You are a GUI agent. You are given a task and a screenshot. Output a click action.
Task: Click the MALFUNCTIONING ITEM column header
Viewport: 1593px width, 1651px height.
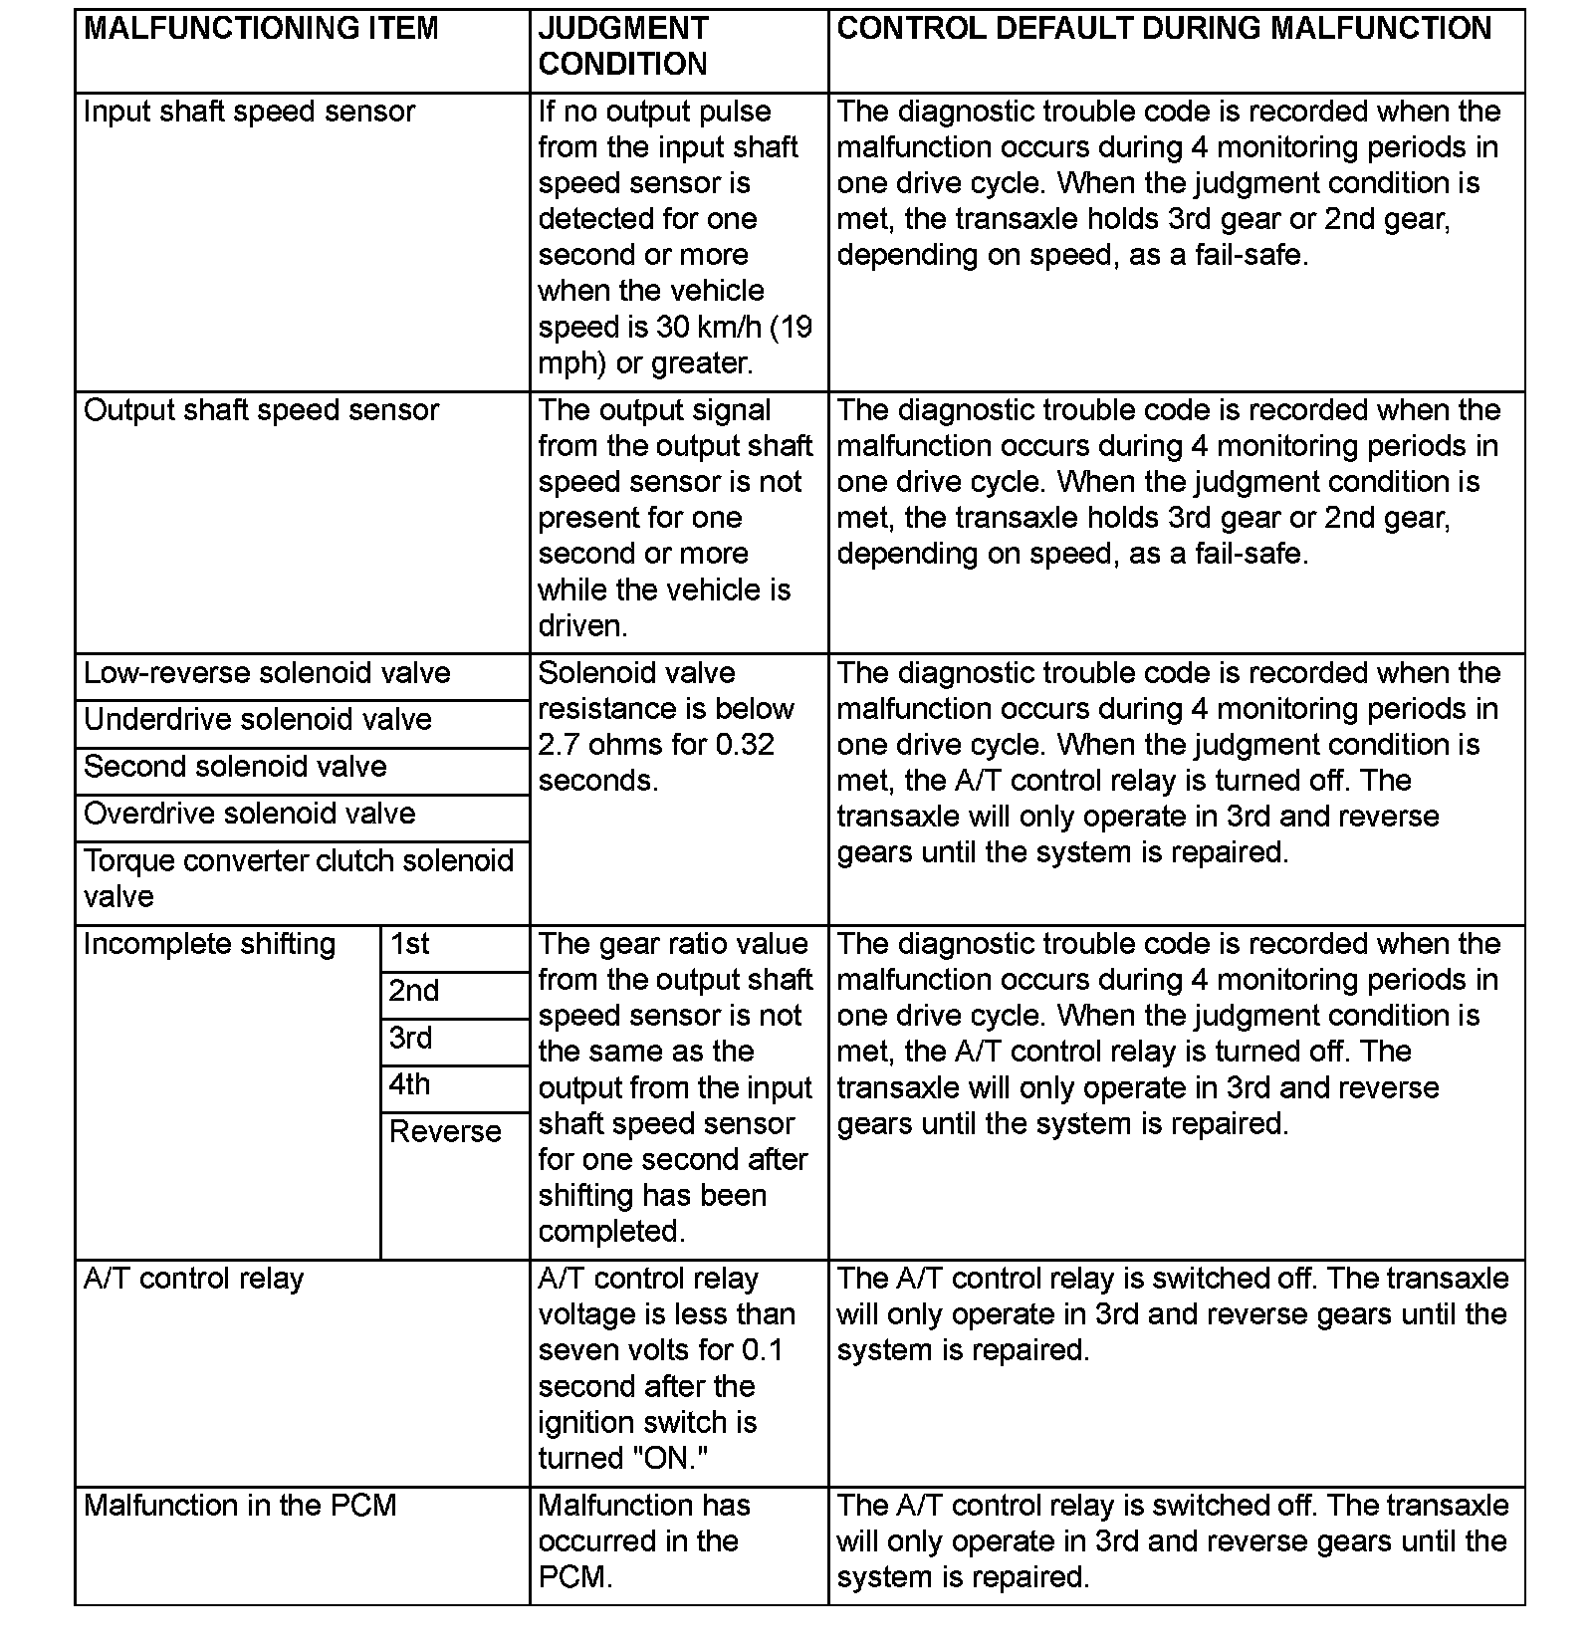pyautogui.click(x=261, y=29)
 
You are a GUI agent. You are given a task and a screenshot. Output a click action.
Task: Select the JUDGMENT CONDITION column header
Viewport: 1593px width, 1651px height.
pyautogui.click(x=623, y=46)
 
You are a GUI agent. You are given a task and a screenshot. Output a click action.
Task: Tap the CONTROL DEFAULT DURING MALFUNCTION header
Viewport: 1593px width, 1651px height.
pyautogui.click(x=1164, y=29)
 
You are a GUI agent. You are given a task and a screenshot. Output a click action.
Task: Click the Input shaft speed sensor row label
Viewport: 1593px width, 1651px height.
pyautogui.click(x=249, y=112)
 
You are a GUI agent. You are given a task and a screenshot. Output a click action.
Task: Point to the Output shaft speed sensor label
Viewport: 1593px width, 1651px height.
pyautogui.click(x=261, y=410)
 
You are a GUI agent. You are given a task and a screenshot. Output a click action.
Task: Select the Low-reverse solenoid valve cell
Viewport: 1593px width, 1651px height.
pyautogui.click(x=267, y=673)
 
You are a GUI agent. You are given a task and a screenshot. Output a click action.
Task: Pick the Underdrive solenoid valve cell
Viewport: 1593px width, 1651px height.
pyautogui.click(x=258, y=720)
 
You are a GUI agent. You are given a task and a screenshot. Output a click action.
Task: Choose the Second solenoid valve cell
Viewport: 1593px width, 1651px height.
pyautogui.click(x=235, y=767)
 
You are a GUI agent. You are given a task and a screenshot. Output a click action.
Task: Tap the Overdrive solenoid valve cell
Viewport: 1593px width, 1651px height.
pyautogui.click(x=249, y=814)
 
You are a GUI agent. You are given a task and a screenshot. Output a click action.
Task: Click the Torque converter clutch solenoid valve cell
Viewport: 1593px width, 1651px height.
pyautogui.click(x=298, y=878)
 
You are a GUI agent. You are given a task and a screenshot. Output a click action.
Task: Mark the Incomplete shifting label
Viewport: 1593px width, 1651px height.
pyautogui.click(x=210, y=944)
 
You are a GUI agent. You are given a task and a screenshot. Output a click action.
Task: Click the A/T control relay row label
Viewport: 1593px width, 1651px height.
pyautogui.click(x=193, y=1279)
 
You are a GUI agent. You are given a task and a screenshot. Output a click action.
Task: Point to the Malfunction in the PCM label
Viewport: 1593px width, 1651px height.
pyautogui.click(x=240, y=1506)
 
